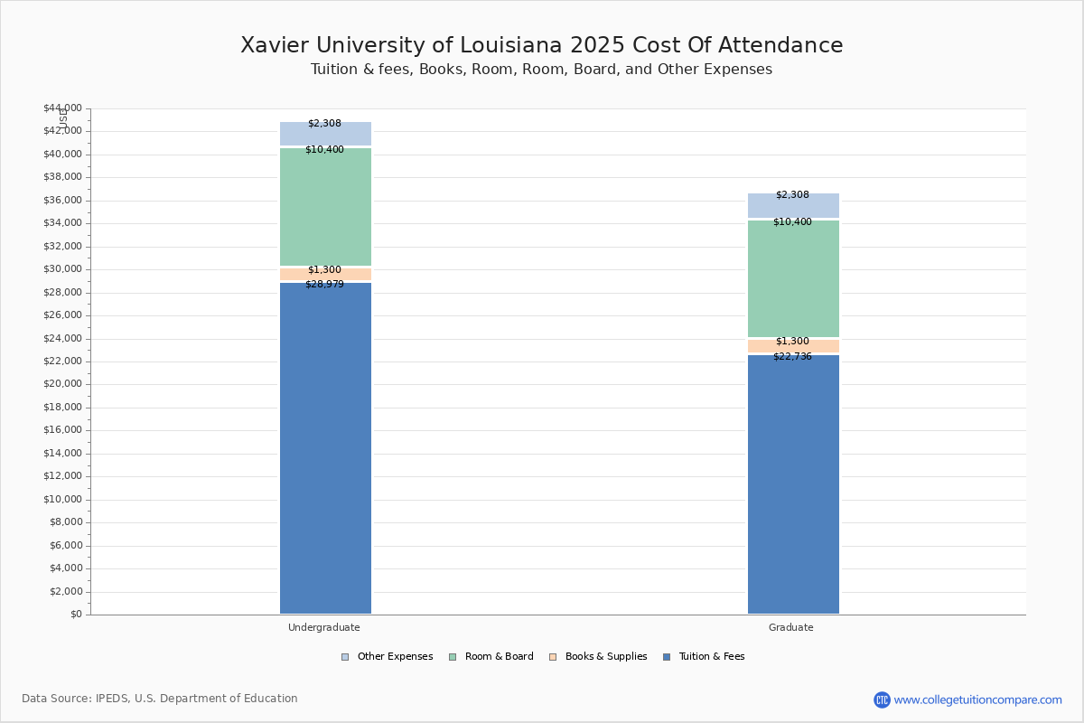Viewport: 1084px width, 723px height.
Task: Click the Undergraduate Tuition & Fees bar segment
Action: point(325,452)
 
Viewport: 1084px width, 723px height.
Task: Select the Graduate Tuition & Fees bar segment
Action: point(793,488)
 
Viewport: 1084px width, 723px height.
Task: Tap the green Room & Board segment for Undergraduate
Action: point(325,208)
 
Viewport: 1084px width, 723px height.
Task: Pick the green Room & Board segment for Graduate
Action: point(793,280)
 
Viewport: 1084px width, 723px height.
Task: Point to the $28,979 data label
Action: point(324,285)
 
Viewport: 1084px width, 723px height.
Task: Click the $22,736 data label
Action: point(792,357)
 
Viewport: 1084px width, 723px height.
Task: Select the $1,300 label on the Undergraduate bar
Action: point(324,270)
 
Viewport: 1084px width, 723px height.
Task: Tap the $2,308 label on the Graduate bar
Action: point(792,195)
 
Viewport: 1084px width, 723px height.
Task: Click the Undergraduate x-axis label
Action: point(324,627)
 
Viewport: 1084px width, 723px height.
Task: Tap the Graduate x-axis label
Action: point(791,627)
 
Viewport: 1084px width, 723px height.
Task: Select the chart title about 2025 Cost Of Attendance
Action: point(542,45)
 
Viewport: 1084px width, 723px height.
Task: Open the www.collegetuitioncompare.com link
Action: point(977,700)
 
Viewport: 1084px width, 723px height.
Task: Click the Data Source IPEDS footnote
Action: point(160,699)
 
